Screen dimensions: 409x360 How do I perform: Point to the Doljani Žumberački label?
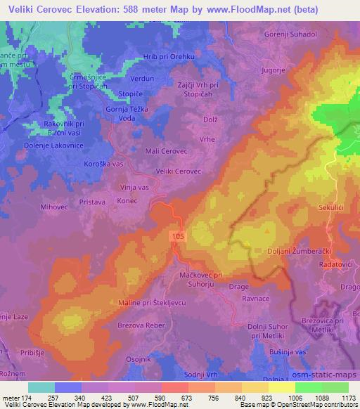(x=304, y=250)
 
